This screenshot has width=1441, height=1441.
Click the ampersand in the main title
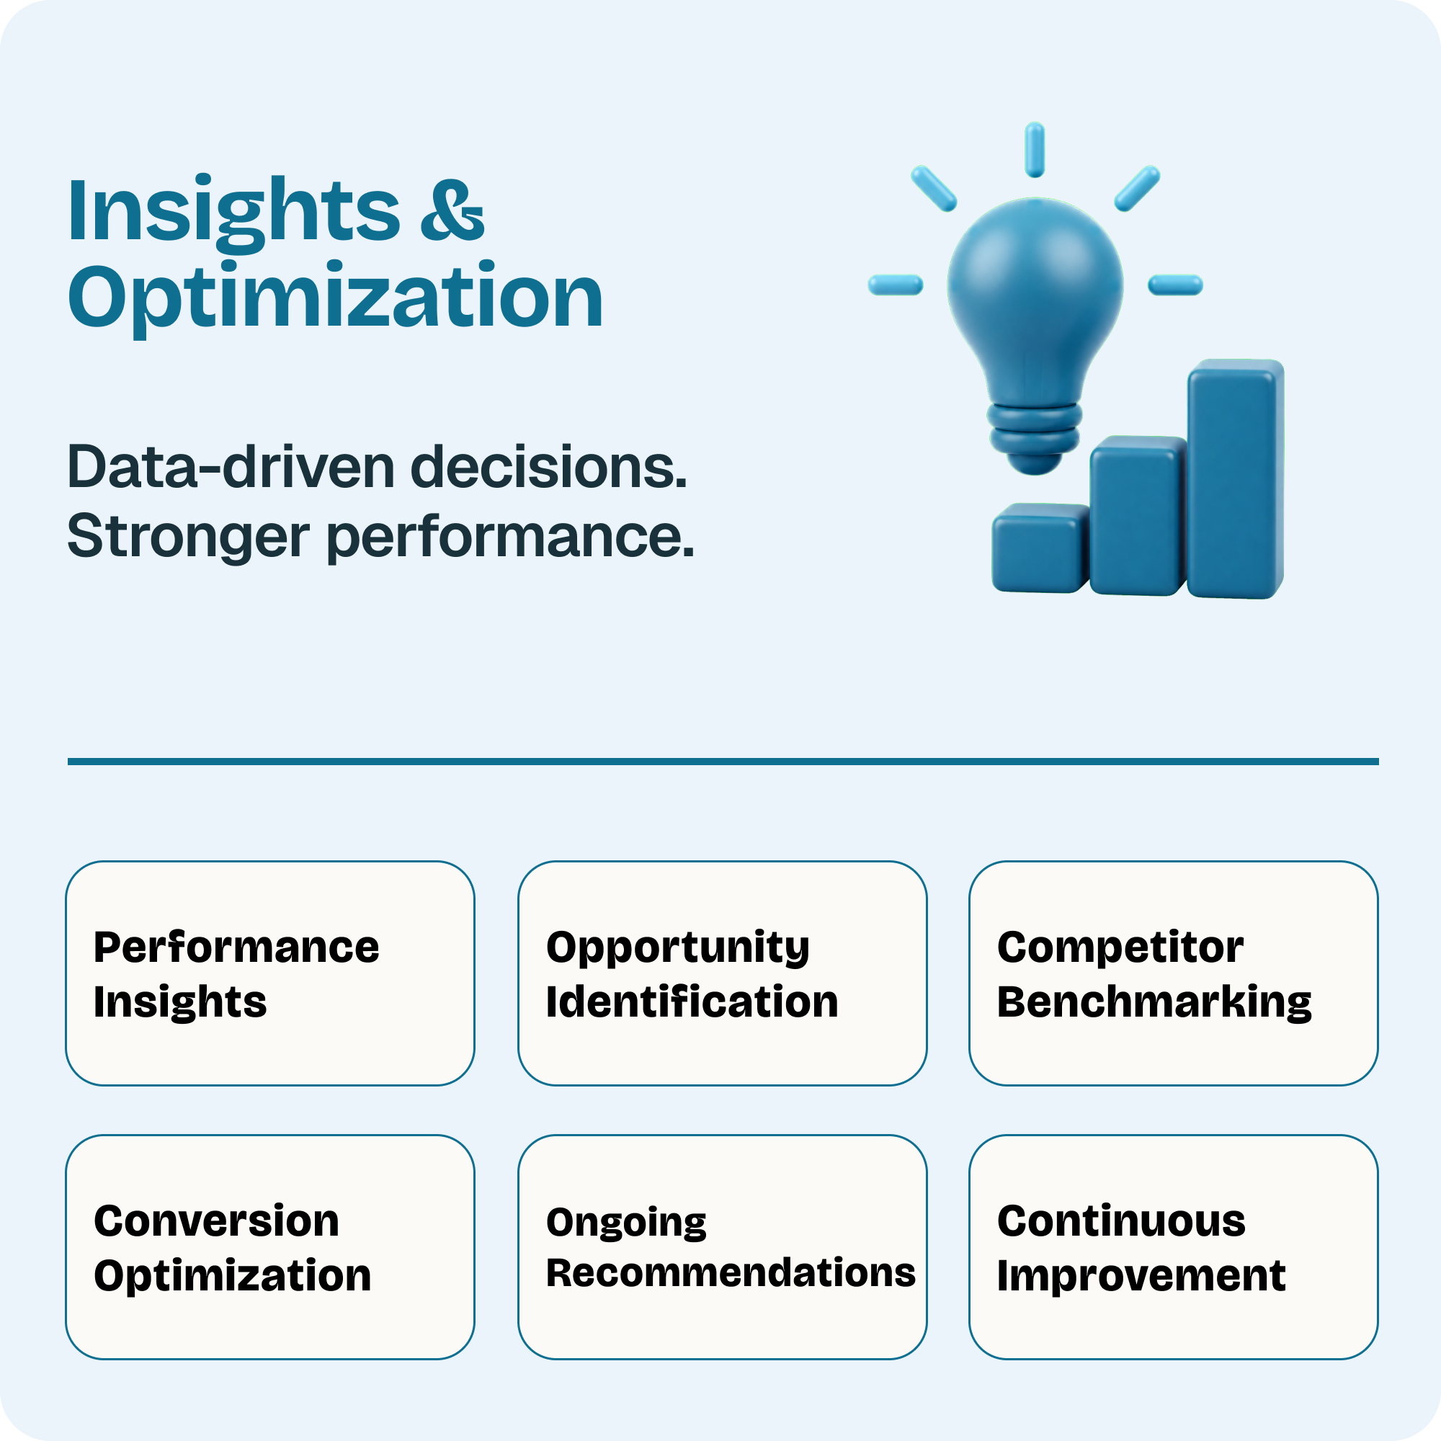coord(452,210)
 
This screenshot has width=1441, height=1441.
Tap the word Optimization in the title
coord(336,298)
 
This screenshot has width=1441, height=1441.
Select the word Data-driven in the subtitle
coord(231,468)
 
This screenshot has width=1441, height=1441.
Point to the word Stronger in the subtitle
coord(189,537)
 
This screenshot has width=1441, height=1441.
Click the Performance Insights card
coord(270,973)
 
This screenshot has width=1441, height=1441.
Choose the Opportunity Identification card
coord(722,973)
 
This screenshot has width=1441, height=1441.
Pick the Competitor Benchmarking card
coord(1173,973)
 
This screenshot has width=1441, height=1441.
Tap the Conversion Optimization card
coord(270,1247)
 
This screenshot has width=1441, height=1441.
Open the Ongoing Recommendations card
coord(722,1247)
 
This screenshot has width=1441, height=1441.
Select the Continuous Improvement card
coord(1173,1247)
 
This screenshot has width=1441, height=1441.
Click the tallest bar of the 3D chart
coord(1235,478)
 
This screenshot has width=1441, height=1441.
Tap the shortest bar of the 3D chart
coord(1040,548)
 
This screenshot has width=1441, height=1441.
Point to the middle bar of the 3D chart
coord(1138,515)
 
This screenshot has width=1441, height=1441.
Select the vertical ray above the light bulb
coord(1035,150)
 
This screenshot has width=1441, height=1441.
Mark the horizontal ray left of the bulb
coord(896,285)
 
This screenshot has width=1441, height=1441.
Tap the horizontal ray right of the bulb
coord(1175,285)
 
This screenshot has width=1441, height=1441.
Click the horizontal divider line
coord(723,762)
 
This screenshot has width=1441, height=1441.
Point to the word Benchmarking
coord(1154,1001)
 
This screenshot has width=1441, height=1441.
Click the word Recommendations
coord(731,1273)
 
